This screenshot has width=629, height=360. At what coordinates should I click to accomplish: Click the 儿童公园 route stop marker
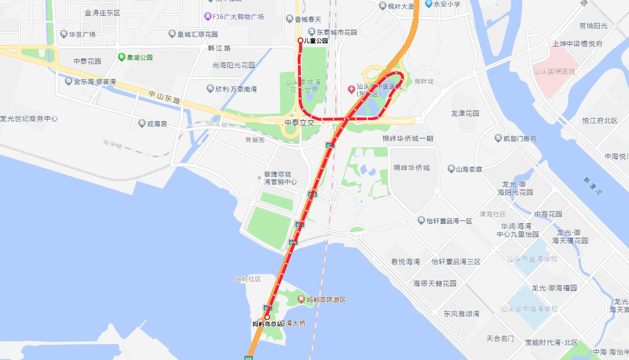300,40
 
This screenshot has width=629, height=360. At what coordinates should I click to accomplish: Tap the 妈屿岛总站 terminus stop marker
267,317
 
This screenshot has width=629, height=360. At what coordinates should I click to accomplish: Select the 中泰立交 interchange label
299,122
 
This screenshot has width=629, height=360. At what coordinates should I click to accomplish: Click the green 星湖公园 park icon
121,57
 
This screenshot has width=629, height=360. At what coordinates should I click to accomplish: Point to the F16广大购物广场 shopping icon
208,17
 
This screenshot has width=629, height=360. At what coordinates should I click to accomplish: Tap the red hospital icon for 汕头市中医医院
351,89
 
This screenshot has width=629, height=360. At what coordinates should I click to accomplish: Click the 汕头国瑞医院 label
554,71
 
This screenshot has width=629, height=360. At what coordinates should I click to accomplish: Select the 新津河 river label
592,186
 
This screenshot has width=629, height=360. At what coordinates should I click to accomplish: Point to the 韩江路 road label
219,48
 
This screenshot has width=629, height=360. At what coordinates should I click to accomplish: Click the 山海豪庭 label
469,169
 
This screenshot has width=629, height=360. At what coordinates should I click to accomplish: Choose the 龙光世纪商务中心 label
29,119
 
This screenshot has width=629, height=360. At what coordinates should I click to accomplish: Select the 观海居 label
157,123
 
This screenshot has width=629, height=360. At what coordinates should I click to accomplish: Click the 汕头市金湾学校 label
532,259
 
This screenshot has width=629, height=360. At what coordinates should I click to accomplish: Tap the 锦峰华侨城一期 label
408,139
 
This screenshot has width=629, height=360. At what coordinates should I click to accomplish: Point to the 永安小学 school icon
429,4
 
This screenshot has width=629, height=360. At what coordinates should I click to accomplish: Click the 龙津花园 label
465,113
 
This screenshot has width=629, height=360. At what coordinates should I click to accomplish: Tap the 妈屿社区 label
247,279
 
